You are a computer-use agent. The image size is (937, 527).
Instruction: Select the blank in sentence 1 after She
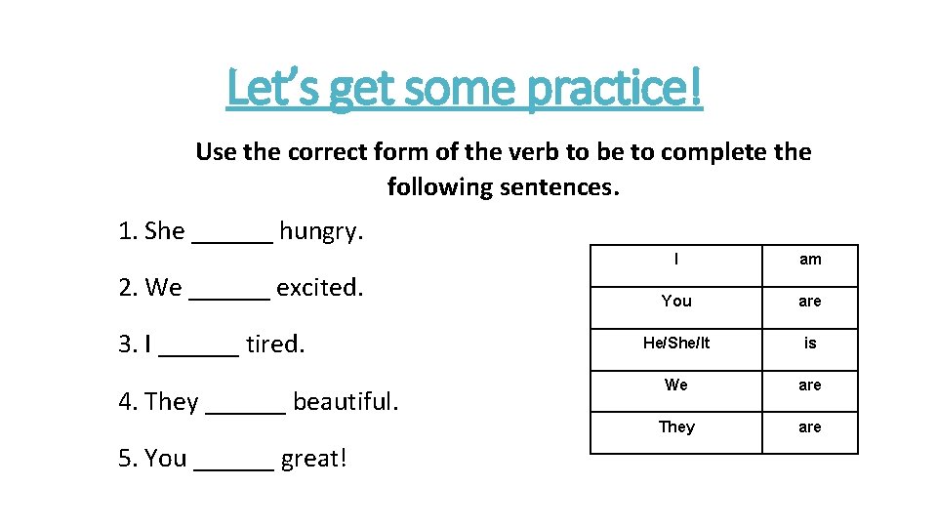[x=233, y=234]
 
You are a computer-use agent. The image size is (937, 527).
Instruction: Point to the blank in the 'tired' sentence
[x=198, y=347]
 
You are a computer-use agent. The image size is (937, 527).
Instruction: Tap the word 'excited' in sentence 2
[x=319, y=288]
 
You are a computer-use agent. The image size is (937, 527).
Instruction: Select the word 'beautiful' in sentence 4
[x=346, y=401]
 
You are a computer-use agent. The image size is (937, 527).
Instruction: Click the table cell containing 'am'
[x=810, y=260]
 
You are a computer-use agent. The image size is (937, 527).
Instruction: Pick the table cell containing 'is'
[x=810, y=343]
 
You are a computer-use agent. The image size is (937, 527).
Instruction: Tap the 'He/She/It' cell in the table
[x=676, y=343]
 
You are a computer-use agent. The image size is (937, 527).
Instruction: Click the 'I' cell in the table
[x=676, y=260]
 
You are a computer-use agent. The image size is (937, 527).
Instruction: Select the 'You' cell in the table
[x=676, y=301]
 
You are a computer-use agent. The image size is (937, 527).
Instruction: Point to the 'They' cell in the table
[x=676, y=427]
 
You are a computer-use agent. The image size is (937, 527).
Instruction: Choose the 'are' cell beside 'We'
[x=810, y=385]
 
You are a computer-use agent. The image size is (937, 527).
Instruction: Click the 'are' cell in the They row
[x=810, y=427]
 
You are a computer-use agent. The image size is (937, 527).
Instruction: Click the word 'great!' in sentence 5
[x=313, y=459]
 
